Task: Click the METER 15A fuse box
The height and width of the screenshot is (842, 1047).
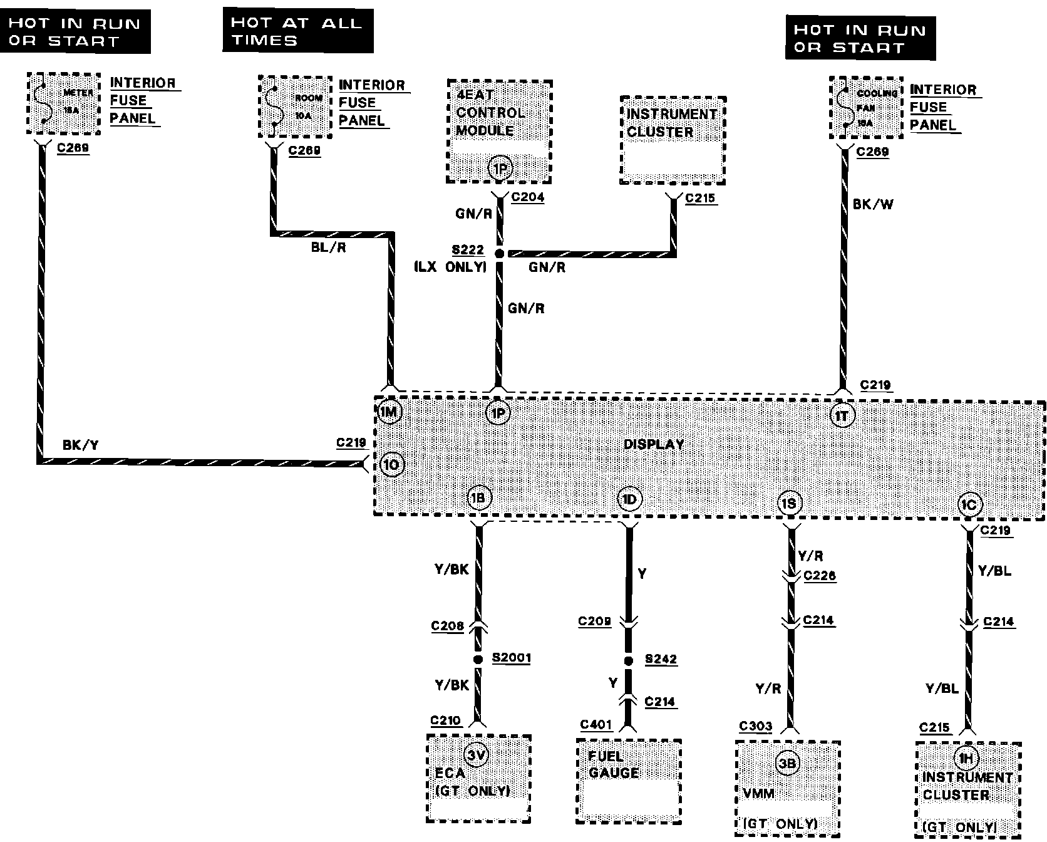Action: [64, 103]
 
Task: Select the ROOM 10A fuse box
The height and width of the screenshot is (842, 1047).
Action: [295, 106]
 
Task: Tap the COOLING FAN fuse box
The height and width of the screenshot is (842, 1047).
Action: [866, 108]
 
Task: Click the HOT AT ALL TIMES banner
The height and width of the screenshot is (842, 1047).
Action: [298, 31]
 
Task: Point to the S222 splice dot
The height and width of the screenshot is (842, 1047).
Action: [499, 254]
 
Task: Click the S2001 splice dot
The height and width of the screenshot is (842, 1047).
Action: [478, 660]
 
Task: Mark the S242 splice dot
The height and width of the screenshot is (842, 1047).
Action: [628, 661]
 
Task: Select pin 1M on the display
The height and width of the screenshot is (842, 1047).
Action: [389, 412]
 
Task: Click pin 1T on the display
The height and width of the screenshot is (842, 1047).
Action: [842, 415]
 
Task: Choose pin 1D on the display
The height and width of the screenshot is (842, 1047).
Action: [629, 499]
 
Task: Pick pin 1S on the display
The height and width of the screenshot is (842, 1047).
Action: [790, 502]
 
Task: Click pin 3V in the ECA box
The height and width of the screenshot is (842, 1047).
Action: [477, 755]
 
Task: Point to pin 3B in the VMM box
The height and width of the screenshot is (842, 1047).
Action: [787, 762]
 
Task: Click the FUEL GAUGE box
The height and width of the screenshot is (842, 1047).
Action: [628, 781]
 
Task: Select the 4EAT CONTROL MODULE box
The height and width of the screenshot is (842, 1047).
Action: [499, 132]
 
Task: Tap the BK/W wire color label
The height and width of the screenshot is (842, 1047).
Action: [873, 204]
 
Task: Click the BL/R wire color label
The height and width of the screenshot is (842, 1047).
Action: [328, 247]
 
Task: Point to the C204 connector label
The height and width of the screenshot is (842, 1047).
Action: [528, 197]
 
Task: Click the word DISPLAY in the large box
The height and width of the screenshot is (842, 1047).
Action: [654, 444]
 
